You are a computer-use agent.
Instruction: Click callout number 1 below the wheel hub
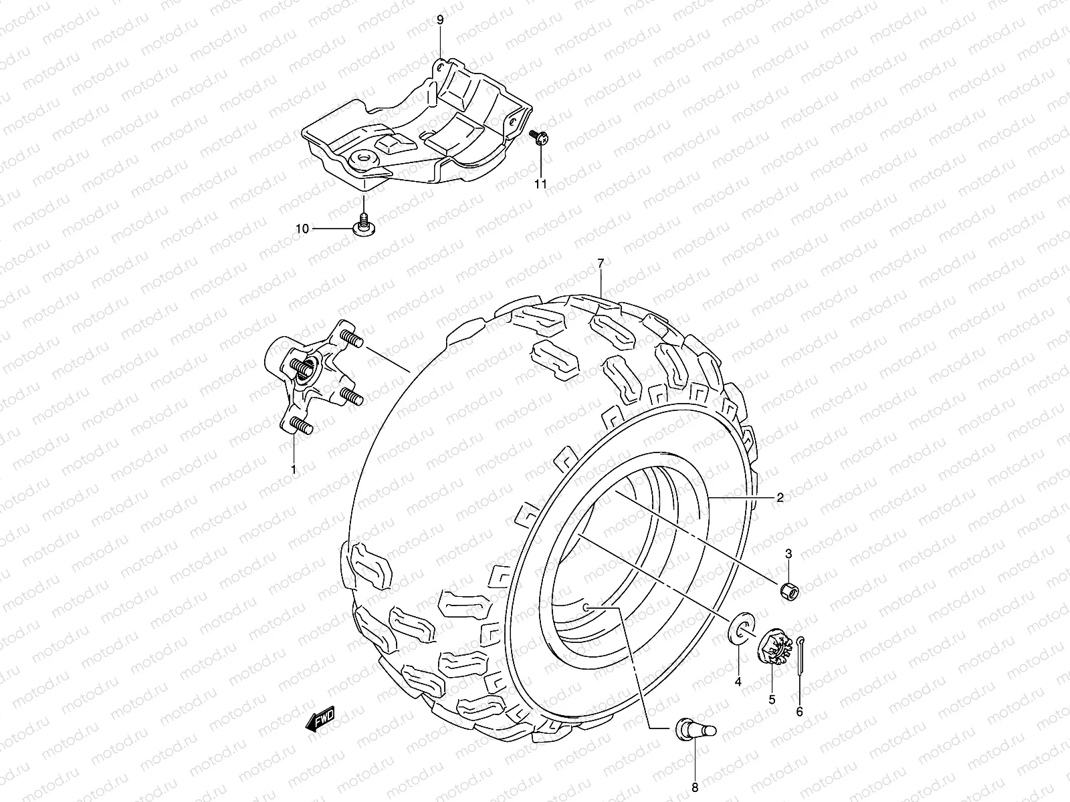293,470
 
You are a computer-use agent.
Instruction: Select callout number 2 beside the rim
780,497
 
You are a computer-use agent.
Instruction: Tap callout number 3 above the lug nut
788,553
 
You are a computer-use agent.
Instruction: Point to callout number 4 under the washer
738,682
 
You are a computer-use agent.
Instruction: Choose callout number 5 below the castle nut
771,699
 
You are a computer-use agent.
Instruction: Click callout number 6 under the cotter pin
799,711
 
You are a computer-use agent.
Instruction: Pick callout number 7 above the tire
601,265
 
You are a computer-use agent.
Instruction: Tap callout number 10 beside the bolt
302,229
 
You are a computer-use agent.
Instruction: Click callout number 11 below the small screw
540,184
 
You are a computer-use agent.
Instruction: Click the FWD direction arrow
320,720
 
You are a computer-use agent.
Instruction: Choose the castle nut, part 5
775,646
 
